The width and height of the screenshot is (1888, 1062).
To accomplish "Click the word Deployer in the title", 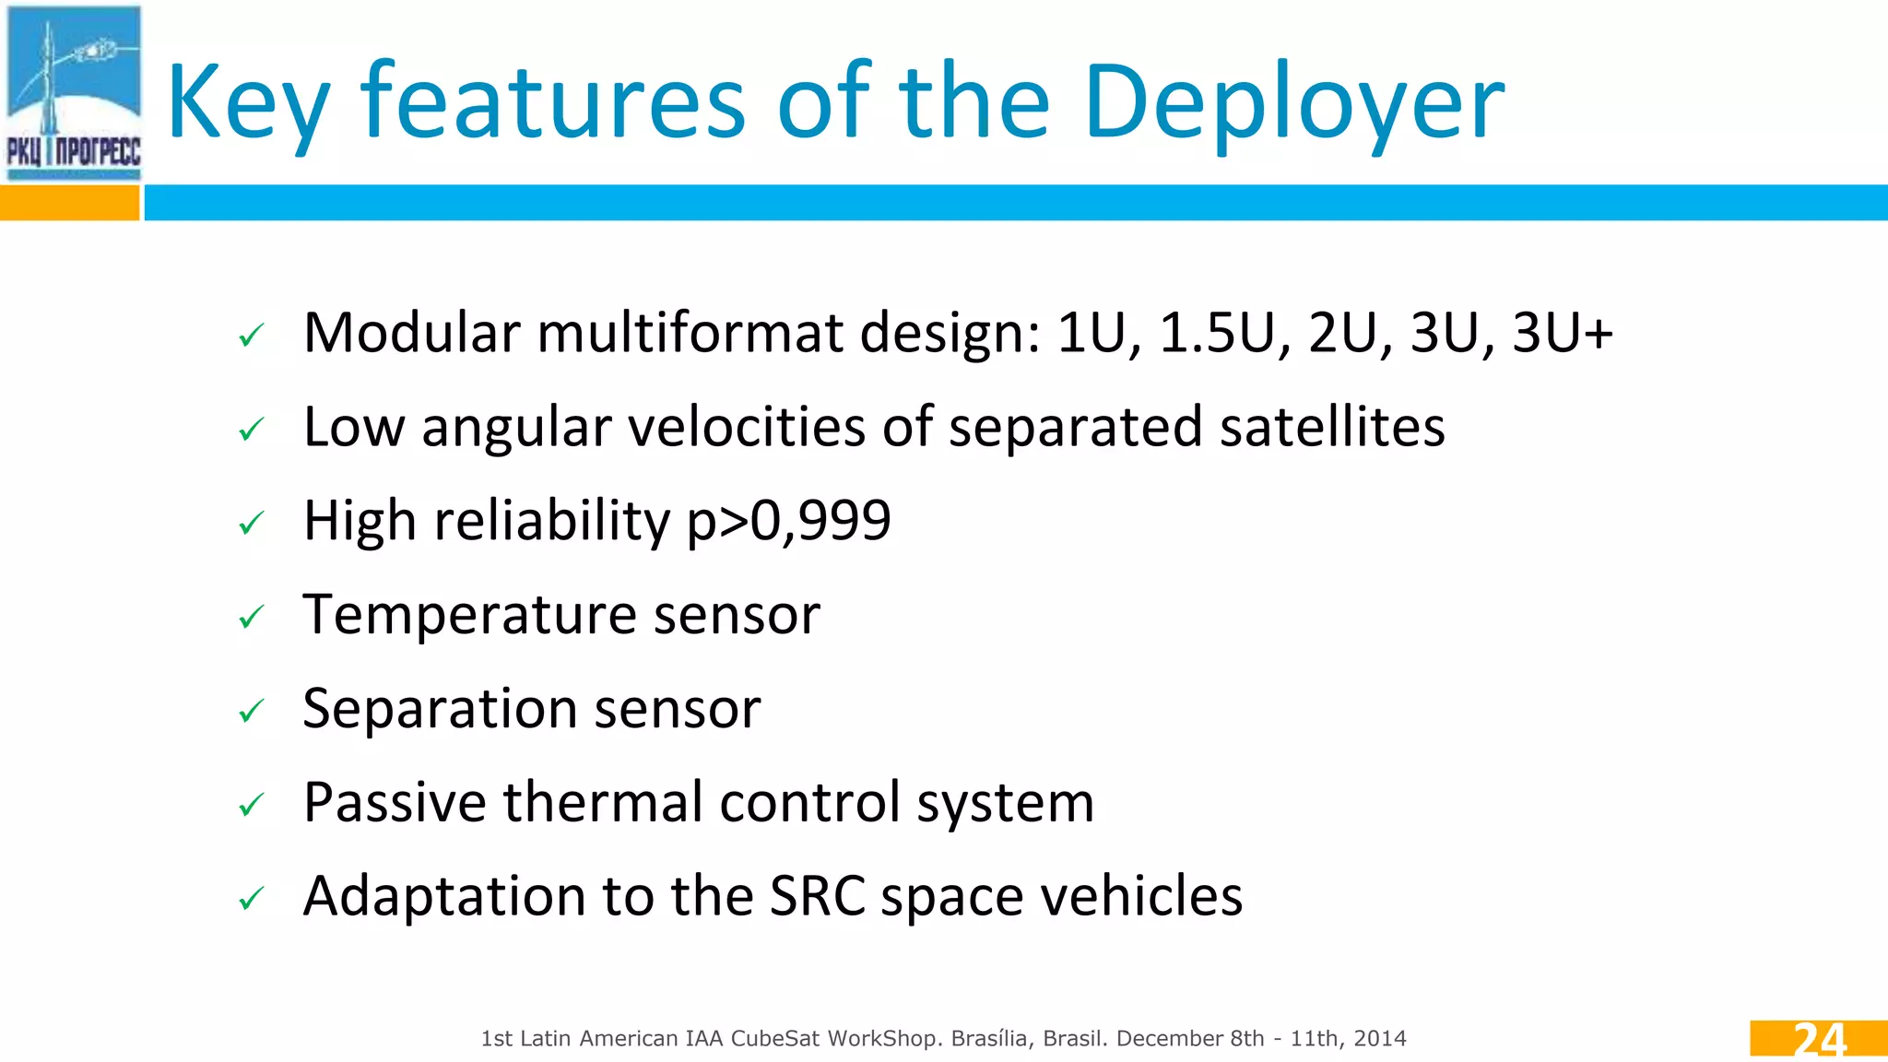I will pyautogui.click(x=1293, y=103).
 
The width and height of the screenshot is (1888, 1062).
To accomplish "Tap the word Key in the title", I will pyautogui.click(x=247, y=103).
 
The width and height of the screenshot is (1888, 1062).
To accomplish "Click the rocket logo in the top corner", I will pyautogui.click(x=74, y=92).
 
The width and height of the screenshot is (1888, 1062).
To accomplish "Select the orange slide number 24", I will pyautogui.click(x=1819, y=1039).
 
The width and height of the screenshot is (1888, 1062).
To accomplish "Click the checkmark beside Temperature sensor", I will pyautogui.click(x=251, y=616).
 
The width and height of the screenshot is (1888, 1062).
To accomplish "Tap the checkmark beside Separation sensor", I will pyautogui.click(x=251, y=711).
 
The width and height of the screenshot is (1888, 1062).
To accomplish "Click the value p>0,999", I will pyautogui.click(x=789, y=521).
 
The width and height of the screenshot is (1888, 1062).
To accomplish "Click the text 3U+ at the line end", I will pyautogui.click(x=1563, y=333).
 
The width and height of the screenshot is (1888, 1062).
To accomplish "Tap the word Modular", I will pyautogui.click(x=411, y=333).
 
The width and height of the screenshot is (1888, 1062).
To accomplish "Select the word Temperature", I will pyautogui.click(x=469, y=615).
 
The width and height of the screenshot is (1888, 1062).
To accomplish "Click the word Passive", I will pyautogui.click(x=395, y=802).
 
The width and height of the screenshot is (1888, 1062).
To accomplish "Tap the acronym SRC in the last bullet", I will pyautogui.click(x=817, y=896).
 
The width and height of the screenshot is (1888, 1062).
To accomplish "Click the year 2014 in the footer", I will pyautogui.click(x=1380, y=1039).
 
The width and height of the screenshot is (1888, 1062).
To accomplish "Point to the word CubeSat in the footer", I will pyautogui.click(x=774, y=1039).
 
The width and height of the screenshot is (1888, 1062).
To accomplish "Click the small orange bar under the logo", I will pyautogui.click(x=69, y=203).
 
